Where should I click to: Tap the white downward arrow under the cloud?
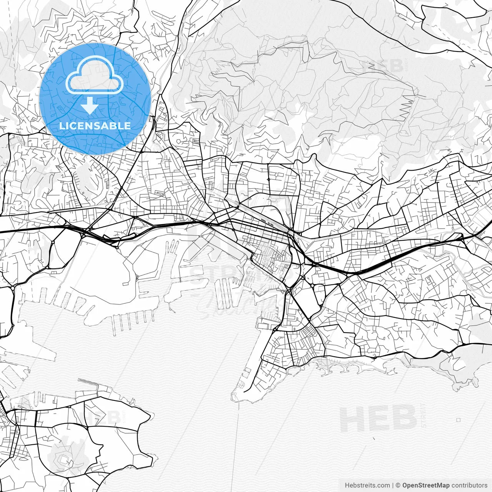click(90, 105)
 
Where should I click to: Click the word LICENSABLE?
click(95, 126)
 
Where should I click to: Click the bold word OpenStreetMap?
click(426, 485)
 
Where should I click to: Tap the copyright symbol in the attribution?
click(398, 485)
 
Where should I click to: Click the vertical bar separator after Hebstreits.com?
click(393, 485)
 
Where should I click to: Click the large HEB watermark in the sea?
click(379, 418)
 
